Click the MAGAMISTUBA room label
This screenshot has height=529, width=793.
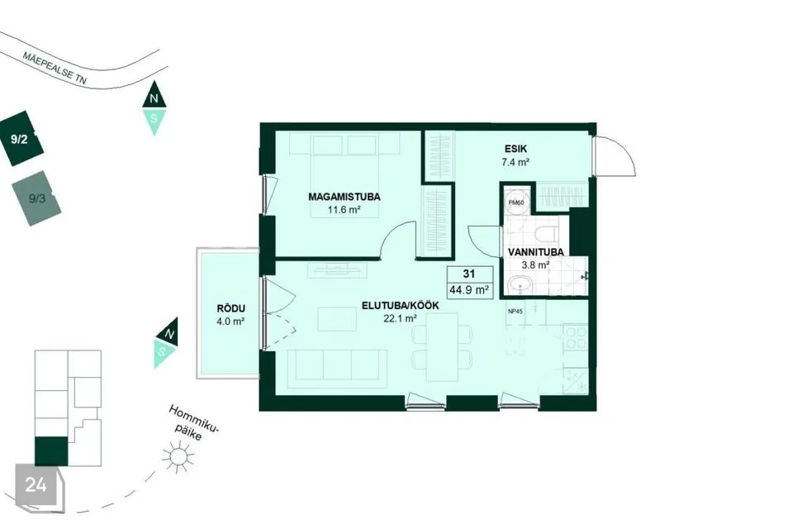coord(344,197)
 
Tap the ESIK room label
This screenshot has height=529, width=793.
coord(515,149)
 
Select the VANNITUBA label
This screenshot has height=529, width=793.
coord(535,251)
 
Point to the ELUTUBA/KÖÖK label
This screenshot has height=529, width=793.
coord(400,306)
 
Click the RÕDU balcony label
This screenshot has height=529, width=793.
coord(230,308)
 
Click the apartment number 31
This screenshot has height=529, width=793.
coord(469,274)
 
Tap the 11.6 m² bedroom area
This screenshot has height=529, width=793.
coord(344,209)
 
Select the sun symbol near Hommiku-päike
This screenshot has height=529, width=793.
coord(178,456)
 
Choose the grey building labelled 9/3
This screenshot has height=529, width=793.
coord(36,198)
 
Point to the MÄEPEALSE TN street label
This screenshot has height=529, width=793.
coord(55,68)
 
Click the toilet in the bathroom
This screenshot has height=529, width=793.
coord(547,235)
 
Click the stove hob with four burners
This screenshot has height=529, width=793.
coord(576,338)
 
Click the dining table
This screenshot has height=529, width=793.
coord(442,347)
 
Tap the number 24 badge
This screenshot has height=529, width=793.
coord(36,485)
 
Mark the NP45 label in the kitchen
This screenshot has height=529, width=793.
coord(515,312)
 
